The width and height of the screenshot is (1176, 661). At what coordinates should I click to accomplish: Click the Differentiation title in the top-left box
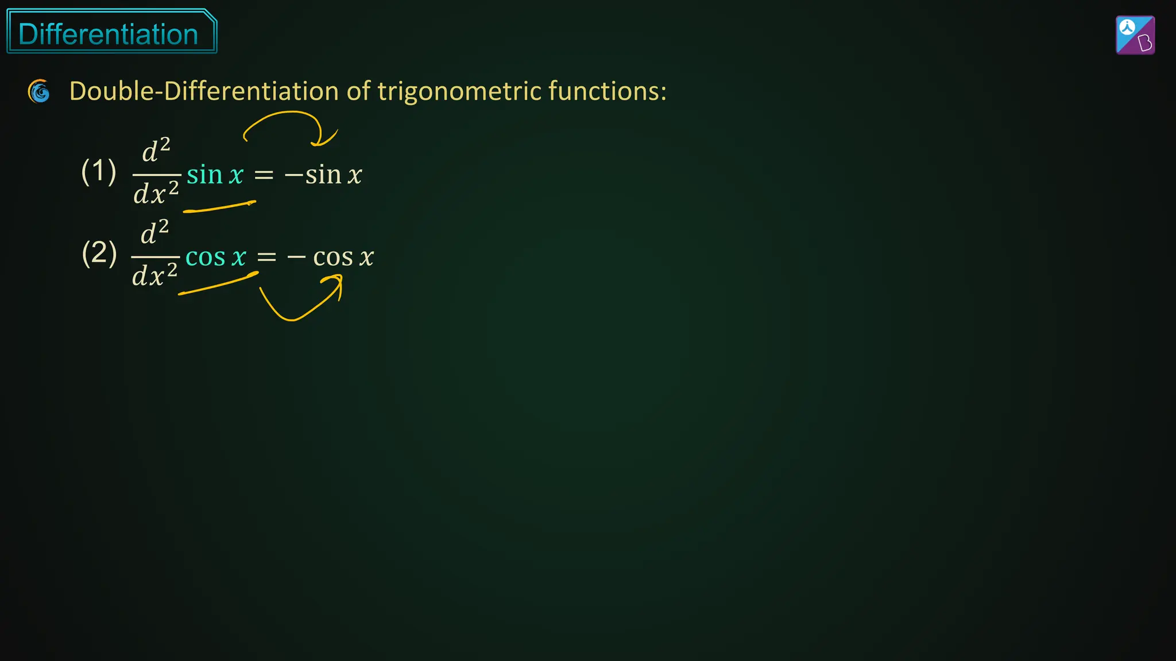point(109,34)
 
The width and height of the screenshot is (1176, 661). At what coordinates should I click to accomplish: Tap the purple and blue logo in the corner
point(1135,35)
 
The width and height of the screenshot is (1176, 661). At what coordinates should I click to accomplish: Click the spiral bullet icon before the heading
point(39,91)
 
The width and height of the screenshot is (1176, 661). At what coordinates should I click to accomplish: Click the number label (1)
point(99,171)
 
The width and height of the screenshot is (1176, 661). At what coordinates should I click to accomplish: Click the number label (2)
point(99,253)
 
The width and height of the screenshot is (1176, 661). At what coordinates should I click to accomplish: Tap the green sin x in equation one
point(215,174)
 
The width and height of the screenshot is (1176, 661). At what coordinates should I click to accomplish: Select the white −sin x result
point(323,174)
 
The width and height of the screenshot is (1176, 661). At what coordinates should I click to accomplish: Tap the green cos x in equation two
point(216,256)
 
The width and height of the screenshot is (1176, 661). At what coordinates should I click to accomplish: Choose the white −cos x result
point(331,256)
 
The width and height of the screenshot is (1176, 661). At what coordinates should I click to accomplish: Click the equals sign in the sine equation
point(264,175)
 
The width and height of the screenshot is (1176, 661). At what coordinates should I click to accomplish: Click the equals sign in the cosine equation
point(266,257)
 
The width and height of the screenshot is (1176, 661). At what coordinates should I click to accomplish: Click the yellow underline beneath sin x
point(219,207)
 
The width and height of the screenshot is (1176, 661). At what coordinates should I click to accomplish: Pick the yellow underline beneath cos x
point(218,285)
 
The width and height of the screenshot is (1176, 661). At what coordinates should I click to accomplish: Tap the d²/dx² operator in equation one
point(156,172)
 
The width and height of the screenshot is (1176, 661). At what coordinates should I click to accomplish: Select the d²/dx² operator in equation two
point(155,254)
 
